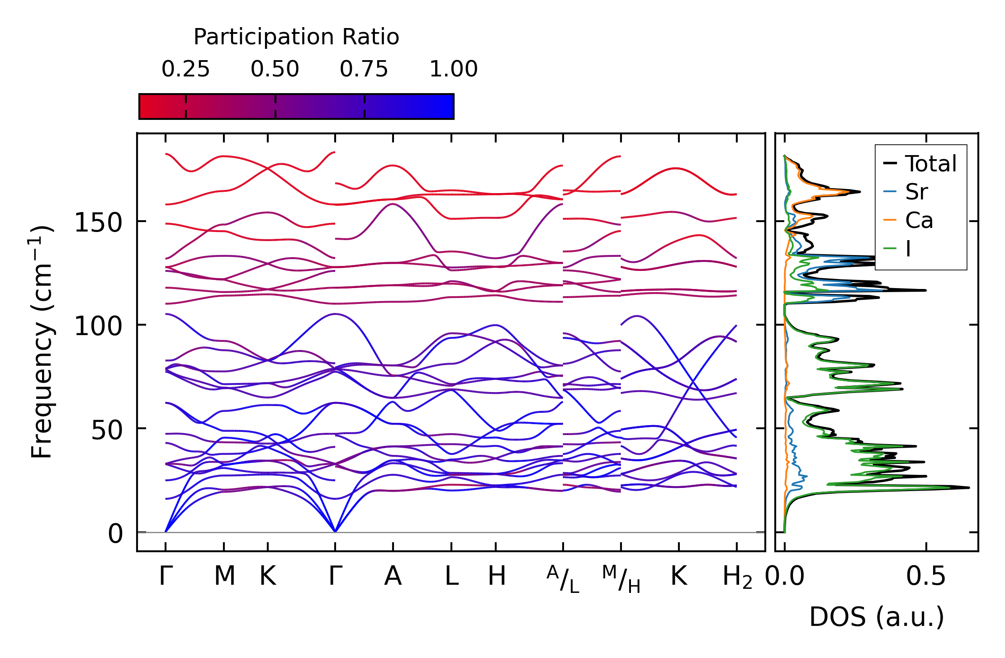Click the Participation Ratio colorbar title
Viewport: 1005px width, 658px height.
[x=296, y=37]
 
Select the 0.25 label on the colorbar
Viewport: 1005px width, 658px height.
[x=185, y=69]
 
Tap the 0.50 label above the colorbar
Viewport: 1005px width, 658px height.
[x=275, y=69]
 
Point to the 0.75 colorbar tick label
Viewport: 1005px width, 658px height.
[x=364, y=69]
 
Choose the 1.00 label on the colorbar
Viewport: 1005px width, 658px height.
[x=453, y=69]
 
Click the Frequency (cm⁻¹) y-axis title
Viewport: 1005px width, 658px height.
[x=42, y=342]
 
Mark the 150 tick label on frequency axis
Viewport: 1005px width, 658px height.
[x=98, y=222]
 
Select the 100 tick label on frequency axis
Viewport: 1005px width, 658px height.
[x=98, y=326]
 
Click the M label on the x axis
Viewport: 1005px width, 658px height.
[x=224, y=576]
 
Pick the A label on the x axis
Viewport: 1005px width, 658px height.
[x=393, y=576]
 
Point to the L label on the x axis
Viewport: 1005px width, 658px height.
[x=451, y=576]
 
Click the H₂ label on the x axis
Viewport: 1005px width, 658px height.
[x=737, y=577]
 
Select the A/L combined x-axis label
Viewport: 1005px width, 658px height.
[x=563, y=579]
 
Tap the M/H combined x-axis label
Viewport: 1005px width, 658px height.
[x=621, y=579]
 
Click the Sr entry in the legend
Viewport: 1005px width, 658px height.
[x=916, y=192]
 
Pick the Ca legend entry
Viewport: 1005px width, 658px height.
[x=919, y=221]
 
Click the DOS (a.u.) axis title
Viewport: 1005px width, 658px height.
[x=877, y=617]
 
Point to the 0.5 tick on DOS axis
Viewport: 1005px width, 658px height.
[x=926, y=576]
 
